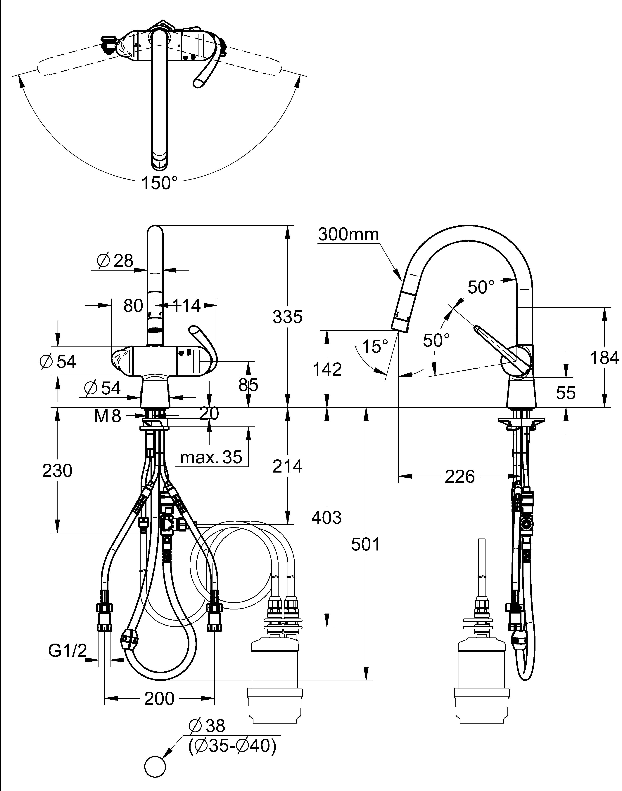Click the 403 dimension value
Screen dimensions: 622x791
(327, 518)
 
